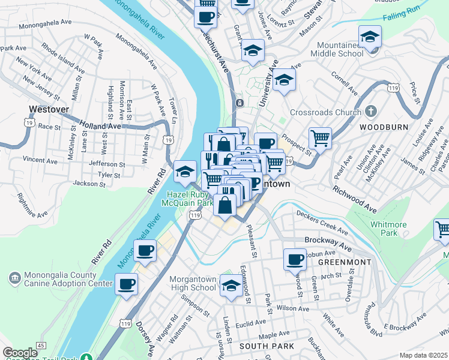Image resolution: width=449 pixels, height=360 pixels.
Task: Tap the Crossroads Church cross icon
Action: coord(371,112)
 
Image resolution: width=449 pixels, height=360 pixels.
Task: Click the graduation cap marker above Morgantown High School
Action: coord(231,286)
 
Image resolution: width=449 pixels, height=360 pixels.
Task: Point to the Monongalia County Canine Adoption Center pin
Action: coord(14,278)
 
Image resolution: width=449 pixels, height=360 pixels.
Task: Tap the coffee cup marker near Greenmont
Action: coord(295,259)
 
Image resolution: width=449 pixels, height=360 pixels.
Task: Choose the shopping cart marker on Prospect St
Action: coord(321,138)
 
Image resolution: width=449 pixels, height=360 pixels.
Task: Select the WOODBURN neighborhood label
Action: coord(384,127)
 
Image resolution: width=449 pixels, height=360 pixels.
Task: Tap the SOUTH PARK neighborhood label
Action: coord(267,346)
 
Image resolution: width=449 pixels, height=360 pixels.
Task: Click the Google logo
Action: coord(20,353)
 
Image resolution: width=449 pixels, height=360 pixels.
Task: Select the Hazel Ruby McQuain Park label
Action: coord(188,199)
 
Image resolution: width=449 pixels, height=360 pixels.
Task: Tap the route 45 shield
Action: coord(41,346)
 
